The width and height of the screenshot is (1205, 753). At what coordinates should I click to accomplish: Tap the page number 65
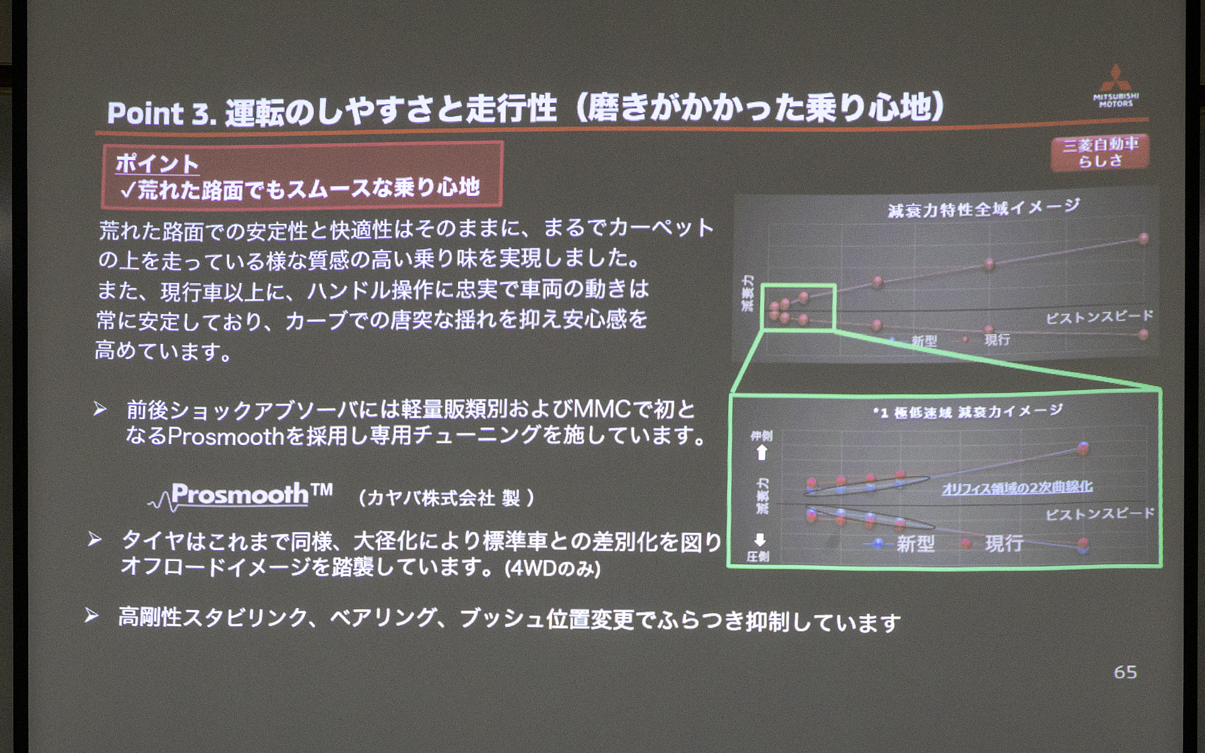pos(1125,672)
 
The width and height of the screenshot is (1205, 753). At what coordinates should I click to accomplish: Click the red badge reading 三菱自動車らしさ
pos(1100,152)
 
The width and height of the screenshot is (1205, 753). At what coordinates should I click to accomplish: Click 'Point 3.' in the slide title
pos(161,113)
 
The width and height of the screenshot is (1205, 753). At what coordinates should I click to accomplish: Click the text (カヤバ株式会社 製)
pos(446,498)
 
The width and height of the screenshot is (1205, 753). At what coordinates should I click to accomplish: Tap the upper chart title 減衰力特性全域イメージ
pos(983,208)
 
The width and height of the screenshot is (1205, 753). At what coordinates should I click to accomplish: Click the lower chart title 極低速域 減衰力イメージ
pos(968,412)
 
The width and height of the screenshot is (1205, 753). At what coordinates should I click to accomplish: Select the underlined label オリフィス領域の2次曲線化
pos(1017,487)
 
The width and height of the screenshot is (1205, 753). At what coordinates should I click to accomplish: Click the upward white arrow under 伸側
pos(761,452)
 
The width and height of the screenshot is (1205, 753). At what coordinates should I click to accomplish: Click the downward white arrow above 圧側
pos(759,540)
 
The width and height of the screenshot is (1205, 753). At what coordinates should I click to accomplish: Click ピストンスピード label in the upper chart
pos(1098,317)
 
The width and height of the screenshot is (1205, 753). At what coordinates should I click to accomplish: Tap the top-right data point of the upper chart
pos(1143,238)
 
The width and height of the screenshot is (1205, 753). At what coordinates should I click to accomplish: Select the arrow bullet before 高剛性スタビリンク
pos(92,616)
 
